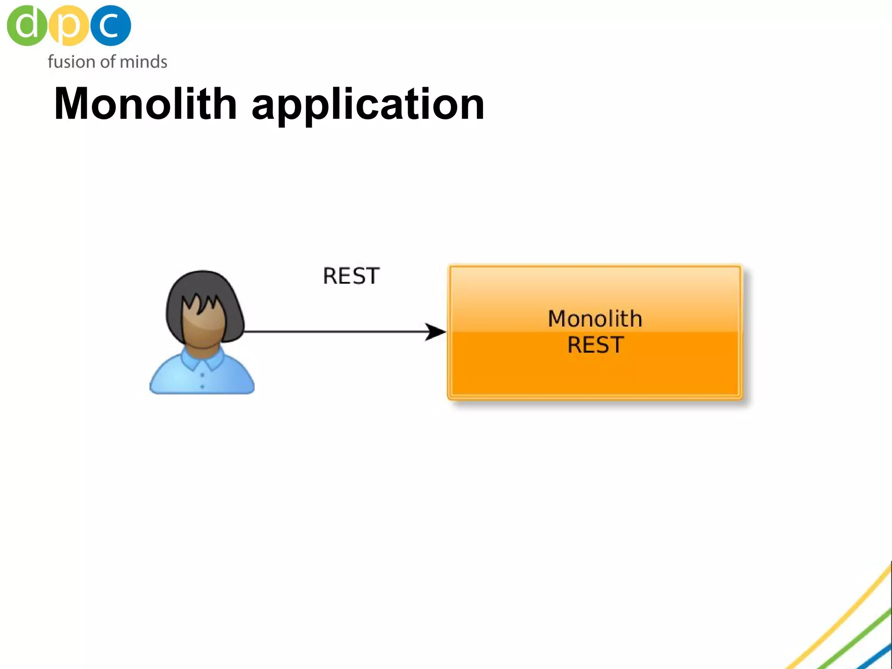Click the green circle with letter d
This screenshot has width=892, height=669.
pos(26,25)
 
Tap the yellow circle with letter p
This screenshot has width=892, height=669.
pos(68,25)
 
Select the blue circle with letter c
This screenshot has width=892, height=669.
pos(111,25)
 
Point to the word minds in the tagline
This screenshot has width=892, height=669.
pos(143,62)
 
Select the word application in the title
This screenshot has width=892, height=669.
pos(368,105)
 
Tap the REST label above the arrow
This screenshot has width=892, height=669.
pos(351,276)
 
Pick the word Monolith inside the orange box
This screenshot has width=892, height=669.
pos(595,318)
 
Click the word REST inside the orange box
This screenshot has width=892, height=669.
pos(595,345)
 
